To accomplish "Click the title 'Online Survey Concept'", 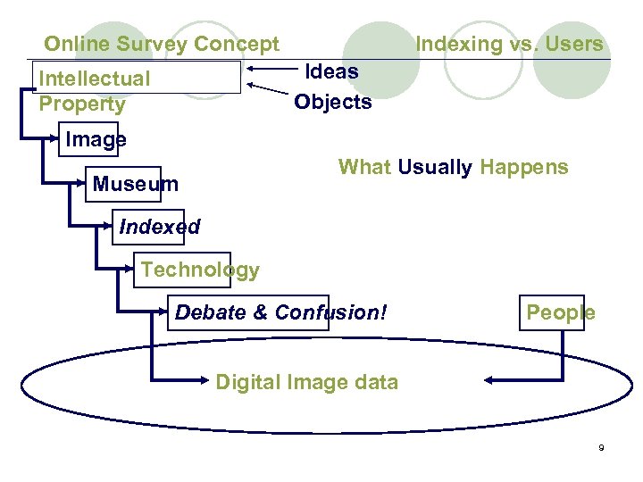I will coord(162,44).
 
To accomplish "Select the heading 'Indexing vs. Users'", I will coord(509,44).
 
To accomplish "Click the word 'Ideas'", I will coord(332,71).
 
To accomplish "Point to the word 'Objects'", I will coord(333,102).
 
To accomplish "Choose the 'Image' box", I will coord(88,140).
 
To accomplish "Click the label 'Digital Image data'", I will coord(306,383).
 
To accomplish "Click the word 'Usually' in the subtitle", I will coord(435,167).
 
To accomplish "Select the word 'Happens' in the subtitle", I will coord(523,167).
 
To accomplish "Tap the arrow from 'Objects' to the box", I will coord(272,90).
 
